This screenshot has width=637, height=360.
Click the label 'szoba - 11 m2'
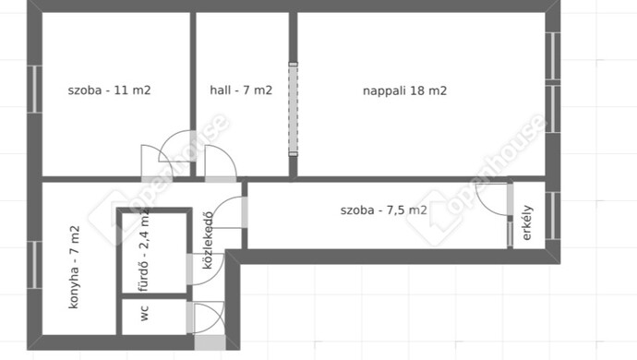coord(109,90)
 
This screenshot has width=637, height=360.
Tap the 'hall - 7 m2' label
coord(241,90)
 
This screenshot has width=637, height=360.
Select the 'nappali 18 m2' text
coord(404,90)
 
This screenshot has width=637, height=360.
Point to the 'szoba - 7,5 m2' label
coord(383,210)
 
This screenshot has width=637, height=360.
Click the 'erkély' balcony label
coord(527,222)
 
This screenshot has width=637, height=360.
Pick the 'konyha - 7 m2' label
coord(75,267)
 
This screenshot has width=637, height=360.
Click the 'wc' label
coord(145,313)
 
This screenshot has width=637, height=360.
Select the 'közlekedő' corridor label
coord(207,240)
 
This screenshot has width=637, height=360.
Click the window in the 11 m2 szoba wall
coord(34,89)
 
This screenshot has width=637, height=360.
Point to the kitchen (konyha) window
coord(34,265)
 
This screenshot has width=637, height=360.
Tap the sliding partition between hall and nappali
coord(293,109)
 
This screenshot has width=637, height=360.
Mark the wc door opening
coord(190,318)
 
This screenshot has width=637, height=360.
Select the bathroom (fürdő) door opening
coord(190,269)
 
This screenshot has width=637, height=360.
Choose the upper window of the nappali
coord(553,55)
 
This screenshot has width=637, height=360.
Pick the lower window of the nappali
coord(553,109)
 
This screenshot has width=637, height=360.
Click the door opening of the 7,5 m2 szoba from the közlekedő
coord(245,212)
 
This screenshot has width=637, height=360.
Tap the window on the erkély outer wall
coord(553,216)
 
